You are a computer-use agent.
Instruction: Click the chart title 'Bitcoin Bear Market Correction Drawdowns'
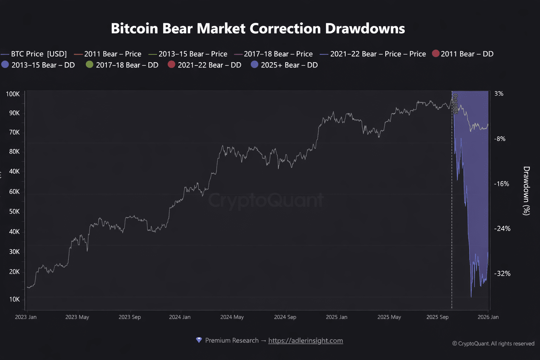pyautogui.click(x=258, y=28)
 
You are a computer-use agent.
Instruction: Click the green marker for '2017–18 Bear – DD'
pyautogui.click(x=90, y=65)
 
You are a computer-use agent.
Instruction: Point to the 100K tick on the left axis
pyautogui.click(x=13, y=94)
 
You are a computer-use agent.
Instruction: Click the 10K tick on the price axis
pyautogui.click(x=14, y=299)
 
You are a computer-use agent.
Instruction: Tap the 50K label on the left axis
pyautogui.click(x=14, y=211)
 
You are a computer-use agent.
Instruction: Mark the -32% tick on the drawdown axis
pyautogui.click(x=502, y=274)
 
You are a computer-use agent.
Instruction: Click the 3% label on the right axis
pyautogui.click(x=499, y=94)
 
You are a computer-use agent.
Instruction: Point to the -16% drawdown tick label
pyautogui.click(x=501, y=184)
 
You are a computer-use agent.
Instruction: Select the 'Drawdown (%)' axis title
pyautogui.click(x=526, y=191)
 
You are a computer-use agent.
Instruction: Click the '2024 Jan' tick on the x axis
pyautogui.click(x=180, y=317)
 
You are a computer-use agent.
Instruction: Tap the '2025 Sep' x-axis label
pyautogui.click(x=437, y=317)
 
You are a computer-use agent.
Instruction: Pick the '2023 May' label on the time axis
pyautogui.click(x=77, y=317)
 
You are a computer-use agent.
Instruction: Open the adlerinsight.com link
pyautogui.click(x=306, y=340)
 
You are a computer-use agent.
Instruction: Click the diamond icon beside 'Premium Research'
pyautogui.click(x=199, y=340)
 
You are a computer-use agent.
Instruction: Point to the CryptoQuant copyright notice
pyautogui.click(x=493, y=343)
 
